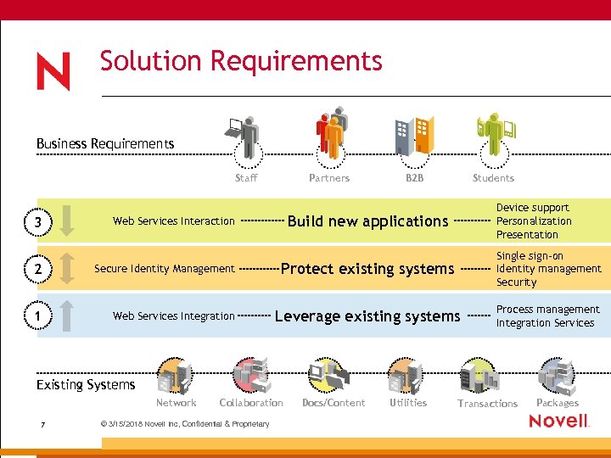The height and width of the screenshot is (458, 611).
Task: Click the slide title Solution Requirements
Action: [x=241, y=61]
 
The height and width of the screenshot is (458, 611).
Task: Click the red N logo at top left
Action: [x=53, y=72]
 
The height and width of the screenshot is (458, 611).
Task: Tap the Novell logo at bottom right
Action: [x=559, y=422]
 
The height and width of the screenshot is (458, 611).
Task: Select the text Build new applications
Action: [x=367, y=221]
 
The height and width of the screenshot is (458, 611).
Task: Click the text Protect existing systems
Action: [x=367, y=269]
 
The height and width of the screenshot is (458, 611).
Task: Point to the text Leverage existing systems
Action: [x=367, y=316]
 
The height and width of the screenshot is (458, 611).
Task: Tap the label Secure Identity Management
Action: [x=164, y=269]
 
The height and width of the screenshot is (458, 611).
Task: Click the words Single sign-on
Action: [x=530, y=255]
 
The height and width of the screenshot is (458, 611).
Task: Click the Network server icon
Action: [x=175, y=377]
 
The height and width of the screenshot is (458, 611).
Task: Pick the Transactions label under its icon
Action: [x=487, y=404]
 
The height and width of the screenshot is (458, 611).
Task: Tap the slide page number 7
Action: [x=42, y=424]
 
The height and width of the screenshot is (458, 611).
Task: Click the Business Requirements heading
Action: [x=105, y=143]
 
